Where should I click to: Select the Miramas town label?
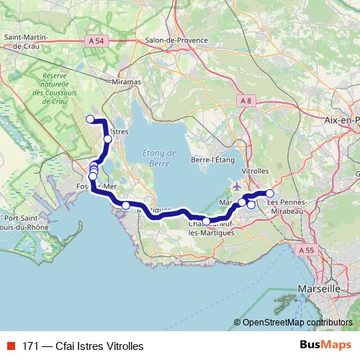[x=127, y=83]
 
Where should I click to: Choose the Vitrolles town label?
[x=256, y=171]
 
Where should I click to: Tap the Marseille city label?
[x=318, y=288]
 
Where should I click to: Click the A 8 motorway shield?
[x=246, y=101]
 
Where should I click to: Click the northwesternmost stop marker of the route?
[x=90, y=119]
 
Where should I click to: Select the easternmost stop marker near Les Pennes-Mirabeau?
[x=270, y=193]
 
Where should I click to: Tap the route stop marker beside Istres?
[x=107, y=139]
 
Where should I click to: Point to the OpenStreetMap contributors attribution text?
[x=297, y=323]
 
